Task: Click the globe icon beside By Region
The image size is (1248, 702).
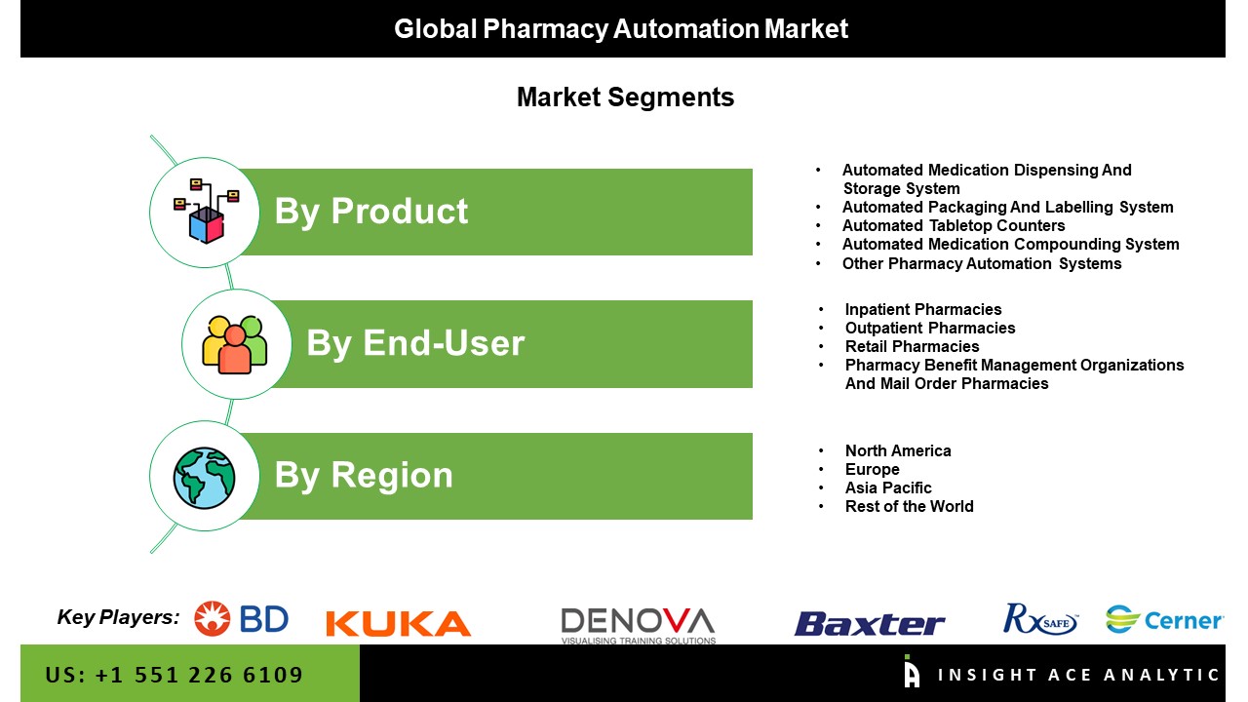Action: [x=204, y=478]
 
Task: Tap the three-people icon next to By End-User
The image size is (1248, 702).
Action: [x=235, y=344]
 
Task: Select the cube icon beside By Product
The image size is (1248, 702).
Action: [x=206, y=212]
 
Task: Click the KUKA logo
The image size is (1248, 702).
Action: [x=399, y=623]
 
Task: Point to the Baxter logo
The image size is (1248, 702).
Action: [x=869, y=623]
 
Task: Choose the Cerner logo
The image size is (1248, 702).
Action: [x=1164, y=619]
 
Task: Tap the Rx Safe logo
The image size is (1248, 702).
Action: [x=1040, y=619]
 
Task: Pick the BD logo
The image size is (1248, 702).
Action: [x=241, y=618]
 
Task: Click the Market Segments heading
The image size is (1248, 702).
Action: [x=625, y=97]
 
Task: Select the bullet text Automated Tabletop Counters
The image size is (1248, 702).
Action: [x=954, y=225]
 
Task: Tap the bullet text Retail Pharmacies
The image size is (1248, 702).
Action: [x=912, y=346]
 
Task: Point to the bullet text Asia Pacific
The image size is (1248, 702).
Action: [x=888, y=488]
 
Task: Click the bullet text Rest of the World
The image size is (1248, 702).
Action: [x=910, y=506]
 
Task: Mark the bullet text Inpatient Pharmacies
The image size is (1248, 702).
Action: [x=923, y=309]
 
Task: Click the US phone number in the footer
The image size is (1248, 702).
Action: [x=174, y=675]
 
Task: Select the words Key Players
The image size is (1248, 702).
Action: [x=118, y=617]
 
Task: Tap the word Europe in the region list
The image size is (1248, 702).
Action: [x=872, y=470]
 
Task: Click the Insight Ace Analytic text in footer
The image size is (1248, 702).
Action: [x=1078, y=675]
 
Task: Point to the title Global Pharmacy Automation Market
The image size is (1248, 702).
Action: [x=621, y=29]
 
